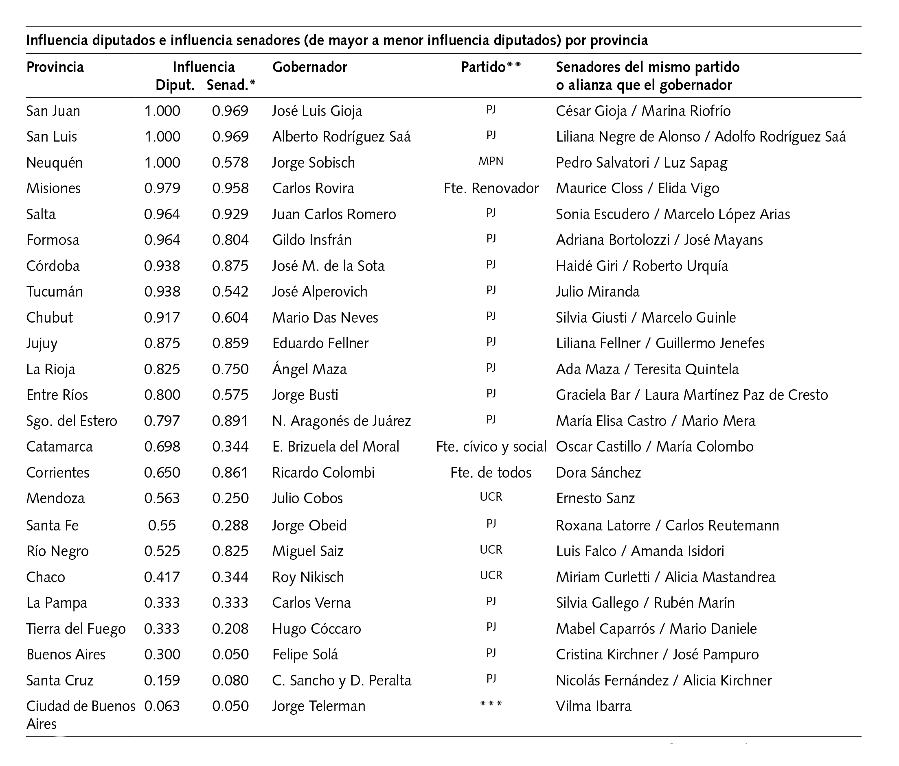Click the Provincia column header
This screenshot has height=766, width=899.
[55, 67]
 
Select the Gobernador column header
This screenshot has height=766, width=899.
[310, 67]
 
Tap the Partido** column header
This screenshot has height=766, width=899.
[491, 67]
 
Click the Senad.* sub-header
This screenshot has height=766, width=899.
[231, 85]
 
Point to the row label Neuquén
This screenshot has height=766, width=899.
[54, 163]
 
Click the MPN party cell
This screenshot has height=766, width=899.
[491, 161]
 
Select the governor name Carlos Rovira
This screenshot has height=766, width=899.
[313, 188]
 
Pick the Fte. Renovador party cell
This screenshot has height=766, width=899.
[491, 188]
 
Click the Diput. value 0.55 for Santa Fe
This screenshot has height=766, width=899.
[162, 526]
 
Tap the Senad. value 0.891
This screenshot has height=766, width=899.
[230, 421]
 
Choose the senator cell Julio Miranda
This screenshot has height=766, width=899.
[597, 291]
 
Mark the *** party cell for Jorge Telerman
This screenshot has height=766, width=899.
[491, 705]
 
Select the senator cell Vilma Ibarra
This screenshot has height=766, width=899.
[594, 706]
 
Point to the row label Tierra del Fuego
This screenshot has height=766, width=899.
[76, 629]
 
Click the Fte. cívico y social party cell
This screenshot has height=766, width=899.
[491, 447]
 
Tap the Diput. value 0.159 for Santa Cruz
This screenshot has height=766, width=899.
[162, 680]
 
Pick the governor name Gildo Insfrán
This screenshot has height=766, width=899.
[311, 240]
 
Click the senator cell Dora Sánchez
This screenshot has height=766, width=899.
[599, 473]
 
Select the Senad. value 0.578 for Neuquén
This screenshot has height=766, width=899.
[230, 163]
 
